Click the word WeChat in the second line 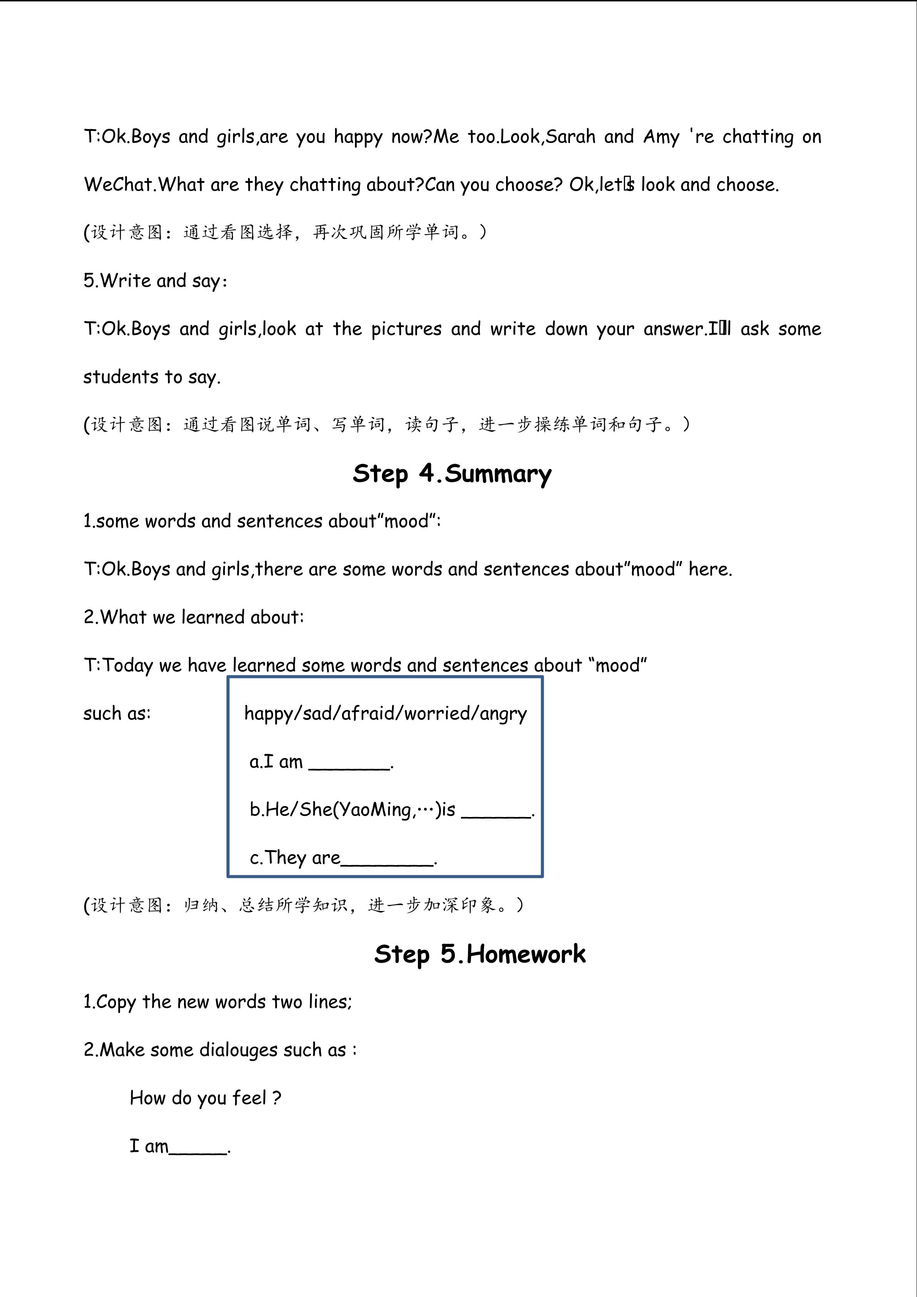119,185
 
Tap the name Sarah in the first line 570,137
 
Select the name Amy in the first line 661,137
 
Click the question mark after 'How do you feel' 276,1098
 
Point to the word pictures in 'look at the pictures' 406,329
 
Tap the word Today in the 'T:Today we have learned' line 127,665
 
